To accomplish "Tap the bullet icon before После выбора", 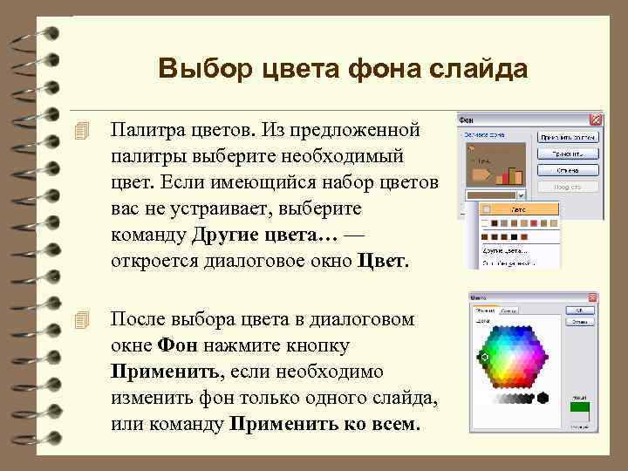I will [83, 320].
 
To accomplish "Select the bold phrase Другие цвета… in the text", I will [263, 235].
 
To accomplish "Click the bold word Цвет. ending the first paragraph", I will [383, 261].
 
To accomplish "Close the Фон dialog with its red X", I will [596, 119].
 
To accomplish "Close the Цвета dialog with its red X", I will [590, 297].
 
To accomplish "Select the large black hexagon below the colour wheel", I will [543, 398].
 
